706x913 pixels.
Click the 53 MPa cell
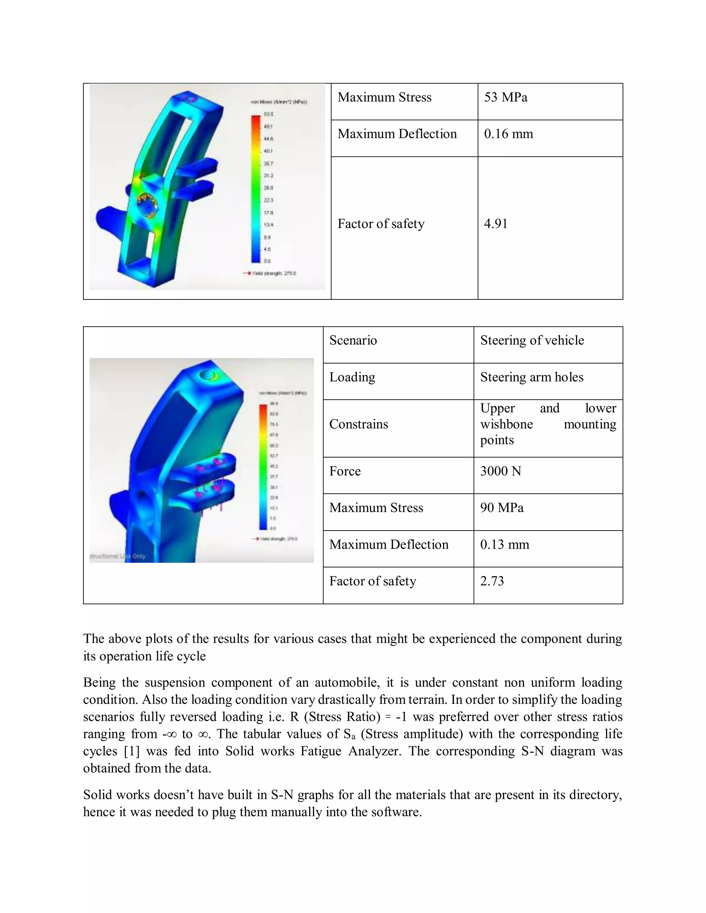tap(505, 98)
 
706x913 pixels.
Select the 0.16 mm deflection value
tap(508, 134)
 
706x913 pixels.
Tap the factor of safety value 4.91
tap(496, 224)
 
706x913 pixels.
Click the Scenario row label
tap(353, 340)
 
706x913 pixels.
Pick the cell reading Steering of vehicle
tap(532, 340)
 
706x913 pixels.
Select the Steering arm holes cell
tap(531, 377)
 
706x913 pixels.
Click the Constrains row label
tap(359, 424)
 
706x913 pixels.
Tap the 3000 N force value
tap(500, 471)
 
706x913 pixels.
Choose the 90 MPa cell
tap(502, 508)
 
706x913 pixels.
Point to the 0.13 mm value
tap(504, 545)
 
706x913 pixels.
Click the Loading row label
tap(352, 377)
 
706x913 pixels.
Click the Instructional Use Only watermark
tap(117, 556)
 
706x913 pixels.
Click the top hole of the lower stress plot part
tap(208, 376)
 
